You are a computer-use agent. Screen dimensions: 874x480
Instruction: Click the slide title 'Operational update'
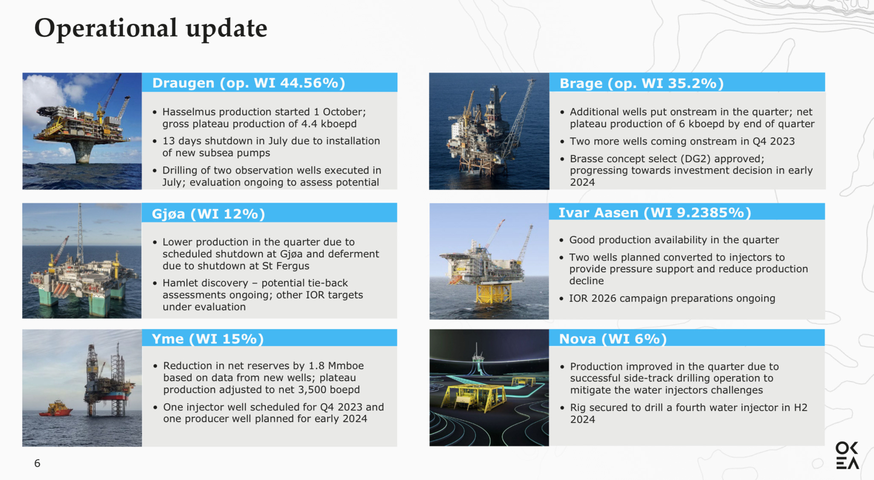150,29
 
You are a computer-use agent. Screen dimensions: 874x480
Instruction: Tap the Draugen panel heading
249,83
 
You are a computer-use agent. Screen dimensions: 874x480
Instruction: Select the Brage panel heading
641,83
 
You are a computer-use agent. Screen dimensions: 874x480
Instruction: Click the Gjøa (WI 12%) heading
208,213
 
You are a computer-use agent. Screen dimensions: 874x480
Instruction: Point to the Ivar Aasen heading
654,212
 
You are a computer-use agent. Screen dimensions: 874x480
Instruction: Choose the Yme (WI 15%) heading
208,339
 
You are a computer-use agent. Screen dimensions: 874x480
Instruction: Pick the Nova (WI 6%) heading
613,339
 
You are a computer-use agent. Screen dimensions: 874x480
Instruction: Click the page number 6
37,463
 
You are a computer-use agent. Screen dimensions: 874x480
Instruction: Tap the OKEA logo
847,455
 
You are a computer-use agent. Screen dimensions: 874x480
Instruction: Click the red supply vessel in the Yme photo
56,408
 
